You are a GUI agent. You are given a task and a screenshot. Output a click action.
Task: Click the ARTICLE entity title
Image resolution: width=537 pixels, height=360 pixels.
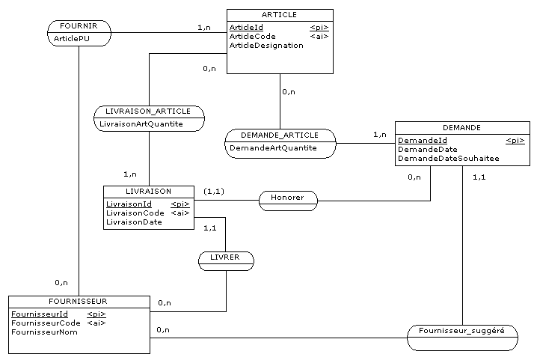click(280, 14)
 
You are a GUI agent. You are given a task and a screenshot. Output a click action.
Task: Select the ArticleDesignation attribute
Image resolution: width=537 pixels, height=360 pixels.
click(266, 46)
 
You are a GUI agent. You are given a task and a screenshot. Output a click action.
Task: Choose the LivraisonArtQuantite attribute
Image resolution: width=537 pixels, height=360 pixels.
click(141, 124)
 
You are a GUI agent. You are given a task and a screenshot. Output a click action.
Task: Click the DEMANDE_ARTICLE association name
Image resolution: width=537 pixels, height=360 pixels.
click(280, 135)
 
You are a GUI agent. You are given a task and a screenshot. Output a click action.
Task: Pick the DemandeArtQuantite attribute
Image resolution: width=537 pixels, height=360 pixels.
click(273, 148)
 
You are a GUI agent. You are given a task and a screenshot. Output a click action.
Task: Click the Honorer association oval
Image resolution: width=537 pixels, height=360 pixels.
click(288, 199)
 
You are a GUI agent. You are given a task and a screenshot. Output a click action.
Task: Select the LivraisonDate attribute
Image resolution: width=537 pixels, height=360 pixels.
click(134, 222)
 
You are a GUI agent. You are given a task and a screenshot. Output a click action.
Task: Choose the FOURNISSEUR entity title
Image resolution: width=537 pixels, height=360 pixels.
click(79, 301)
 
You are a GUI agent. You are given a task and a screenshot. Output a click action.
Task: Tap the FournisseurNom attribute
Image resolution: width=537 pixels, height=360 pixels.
click(45, 332)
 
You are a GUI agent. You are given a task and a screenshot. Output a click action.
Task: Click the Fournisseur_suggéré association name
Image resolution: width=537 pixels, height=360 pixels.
click(462, 331)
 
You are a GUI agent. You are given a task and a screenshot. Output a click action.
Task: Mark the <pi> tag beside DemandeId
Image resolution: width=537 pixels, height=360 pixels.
click(515, 140)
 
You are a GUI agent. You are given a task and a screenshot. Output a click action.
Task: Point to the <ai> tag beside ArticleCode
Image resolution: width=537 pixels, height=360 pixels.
click(319, 36)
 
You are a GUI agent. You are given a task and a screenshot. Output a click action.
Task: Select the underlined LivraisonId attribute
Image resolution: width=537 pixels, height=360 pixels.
click(129, 204)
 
